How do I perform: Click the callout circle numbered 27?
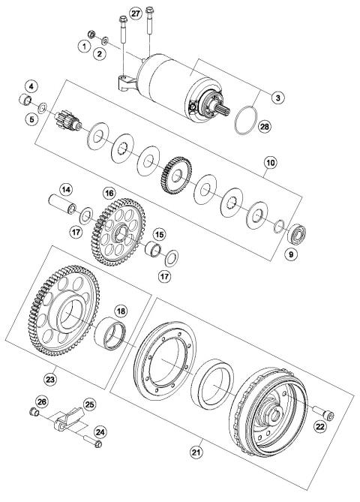tap(135, 14)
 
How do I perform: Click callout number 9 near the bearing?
tap(292, 254)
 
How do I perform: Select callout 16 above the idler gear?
tap(109, 194)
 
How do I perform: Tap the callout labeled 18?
tap(120, 311)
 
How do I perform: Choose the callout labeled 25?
tap(90, 405)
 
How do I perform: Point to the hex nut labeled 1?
tap(88, 33)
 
